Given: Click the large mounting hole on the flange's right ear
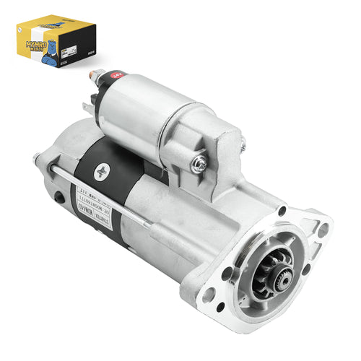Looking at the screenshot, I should coord(322,229).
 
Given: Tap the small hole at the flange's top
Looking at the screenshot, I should coord(280,210).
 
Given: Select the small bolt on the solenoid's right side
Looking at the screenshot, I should coord(243,147).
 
